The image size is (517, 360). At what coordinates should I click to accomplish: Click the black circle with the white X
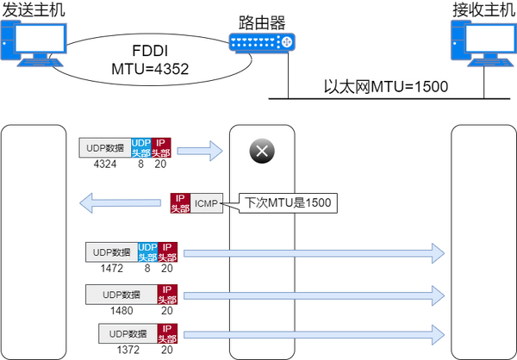pos(262,151)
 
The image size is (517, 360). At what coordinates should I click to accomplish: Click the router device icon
pos(262,42)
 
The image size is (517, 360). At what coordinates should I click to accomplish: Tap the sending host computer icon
pos(34,43)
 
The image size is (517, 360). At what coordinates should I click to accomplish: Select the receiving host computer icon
pos(483,43)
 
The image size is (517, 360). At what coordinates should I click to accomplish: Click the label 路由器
pos(262,22)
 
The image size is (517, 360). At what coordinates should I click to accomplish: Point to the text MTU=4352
pos(150,69)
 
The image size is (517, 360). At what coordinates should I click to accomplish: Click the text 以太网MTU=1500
pos(386,87)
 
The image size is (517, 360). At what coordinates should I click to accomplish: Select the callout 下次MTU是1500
pos(288,202)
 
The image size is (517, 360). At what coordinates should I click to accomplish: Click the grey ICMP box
pos(207,203)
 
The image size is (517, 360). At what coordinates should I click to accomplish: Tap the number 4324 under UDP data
pos(105,164)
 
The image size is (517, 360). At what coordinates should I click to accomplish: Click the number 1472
pos(111,268)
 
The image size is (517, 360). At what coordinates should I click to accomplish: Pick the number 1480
pos(121,310)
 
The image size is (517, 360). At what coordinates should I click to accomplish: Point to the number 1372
pos(128,350)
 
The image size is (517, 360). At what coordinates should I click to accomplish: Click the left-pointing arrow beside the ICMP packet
pos(120,202)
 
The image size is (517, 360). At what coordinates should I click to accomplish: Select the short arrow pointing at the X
pos(200,151)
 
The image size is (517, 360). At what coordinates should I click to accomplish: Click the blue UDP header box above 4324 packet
pos(141,147)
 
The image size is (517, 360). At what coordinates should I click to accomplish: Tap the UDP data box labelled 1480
pos(121,295)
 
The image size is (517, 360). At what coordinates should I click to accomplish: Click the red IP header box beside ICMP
pos(180,203)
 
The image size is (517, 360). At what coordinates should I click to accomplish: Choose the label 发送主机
pos(34,9)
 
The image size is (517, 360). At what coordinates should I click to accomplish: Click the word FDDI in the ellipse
pos(150,51)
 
